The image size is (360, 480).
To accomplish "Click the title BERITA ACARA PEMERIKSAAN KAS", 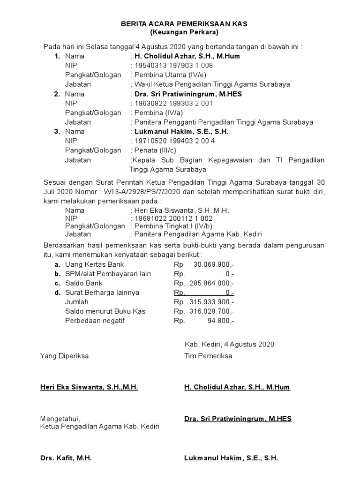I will [x=184, y=23].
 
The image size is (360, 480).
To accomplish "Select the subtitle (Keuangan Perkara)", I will [x=184, y=32].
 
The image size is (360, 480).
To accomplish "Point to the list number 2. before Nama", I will [x=57, y=94].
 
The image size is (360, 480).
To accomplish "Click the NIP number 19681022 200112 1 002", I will [x=173, y=218].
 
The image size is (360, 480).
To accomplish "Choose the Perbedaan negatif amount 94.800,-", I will [x=220, y=321].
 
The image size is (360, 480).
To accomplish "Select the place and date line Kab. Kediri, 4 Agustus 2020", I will [x=229, y=344].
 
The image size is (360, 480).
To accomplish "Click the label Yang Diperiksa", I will [x=64, y=356].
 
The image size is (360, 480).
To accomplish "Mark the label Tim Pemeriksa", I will [x=208, y=356].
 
